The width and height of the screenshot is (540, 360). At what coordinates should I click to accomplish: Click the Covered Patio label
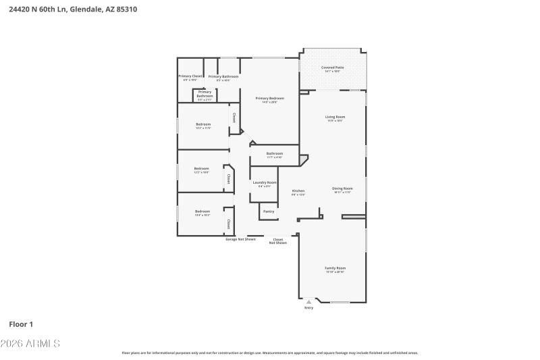(x=332, y=68)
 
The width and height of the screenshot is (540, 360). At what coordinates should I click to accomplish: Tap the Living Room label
(x=335, y=117)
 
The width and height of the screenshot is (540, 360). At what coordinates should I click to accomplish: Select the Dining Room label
(x=342, y=188)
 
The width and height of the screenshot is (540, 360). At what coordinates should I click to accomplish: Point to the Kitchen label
(x=298, y=191)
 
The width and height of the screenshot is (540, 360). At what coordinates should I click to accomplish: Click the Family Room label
(x=335, y=268)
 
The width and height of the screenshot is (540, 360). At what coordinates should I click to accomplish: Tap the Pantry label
(x=268, y=211)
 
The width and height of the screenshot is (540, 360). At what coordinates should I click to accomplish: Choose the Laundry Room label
(x=265, y=182)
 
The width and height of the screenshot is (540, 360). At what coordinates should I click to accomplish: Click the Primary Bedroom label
(x=269, y=99)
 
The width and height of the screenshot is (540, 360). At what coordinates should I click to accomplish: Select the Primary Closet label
(x=190, y=76)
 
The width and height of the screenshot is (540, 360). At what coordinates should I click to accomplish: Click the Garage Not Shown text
(x=240, y=239)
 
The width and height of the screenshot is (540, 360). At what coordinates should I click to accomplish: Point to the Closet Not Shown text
(x=277, y=240)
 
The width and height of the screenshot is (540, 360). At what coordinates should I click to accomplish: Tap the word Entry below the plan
(x=309, y=308)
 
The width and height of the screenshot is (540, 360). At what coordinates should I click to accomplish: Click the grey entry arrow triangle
(x=309, y=302)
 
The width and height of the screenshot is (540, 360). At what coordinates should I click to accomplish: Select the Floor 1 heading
(x=21, y=324)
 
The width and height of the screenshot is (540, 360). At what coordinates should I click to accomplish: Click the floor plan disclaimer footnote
(x=269, y=353)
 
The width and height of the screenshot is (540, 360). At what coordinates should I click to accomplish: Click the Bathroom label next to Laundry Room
(x=275, y=153)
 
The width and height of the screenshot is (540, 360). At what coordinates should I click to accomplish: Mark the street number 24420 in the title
(x=21, y=9)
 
